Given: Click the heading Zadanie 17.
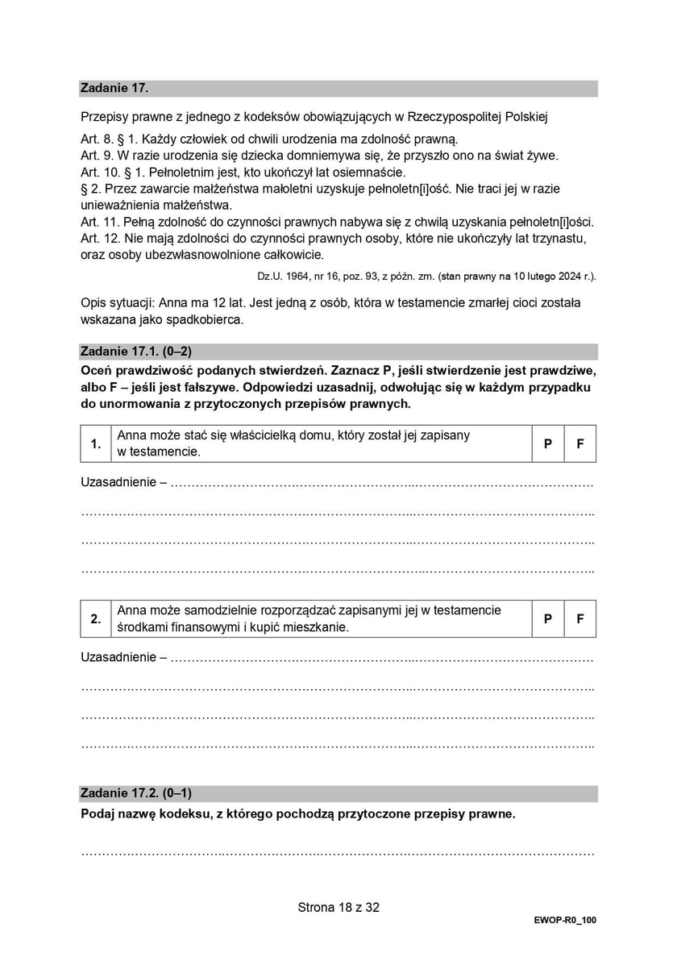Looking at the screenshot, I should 114,89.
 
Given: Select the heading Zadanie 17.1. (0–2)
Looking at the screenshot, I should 136,352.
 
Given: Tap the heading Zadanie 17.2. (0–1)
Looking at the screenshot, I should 136,793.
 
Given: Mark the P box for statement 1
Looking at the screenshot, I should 548,443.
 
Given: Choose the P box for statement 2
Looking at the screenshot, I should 548,618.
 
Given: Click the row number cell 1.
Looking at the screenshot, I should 96,443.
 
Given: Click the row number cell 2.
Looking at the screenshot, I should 96,618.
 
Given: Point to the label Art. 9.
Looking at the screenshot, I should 97,156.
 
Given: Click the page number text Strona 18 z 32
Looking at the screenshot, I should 338,907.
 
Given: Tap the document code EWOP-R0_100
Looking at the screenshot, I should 564,920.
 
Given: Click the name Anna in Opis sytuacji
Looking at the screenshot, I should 177,303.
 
